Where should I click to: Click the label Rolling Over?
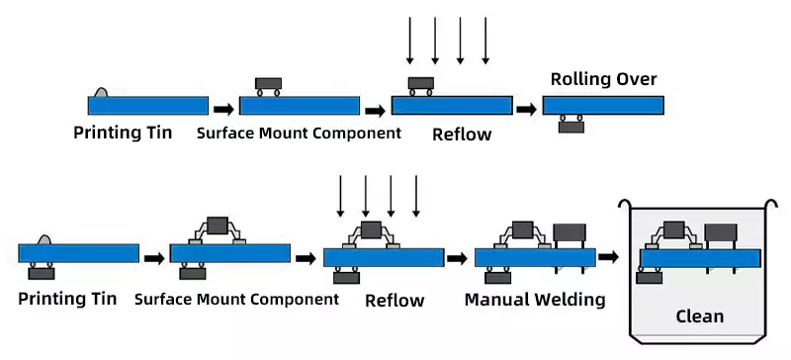coord(603,79)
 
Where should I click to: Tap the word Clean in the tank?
coord(700,316)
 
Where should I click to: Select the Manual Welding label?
coord(535,300)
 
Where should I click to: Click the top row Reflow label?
coord(462,135)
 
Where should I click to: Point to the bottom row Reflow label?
coord(395,301)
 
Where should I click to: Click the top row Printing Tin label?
coord(123,133)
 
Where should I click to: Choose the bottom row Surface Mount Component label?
coord(236,300)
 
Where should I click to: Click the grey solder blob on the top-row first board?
coord(101,92)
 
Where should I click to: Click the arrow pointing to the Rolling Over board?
coord(527,109)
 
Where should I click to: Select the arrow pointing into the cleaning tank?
coord(608,257)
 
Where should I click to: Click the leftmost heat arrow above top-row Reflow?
coord(409,41)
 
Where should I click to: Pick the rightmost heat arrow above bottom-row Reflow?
coord(415,196)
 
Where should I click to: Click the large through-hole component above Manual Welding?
coord(570,232)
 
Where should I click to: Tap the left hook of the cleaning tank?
coord(625,203)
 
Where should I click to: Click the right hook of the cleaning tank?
coord(772,203)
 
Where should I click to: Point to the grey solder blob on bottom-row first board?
coord(44,239)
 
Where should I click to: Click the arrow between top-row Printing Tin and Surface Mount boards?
coord(223,109)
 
